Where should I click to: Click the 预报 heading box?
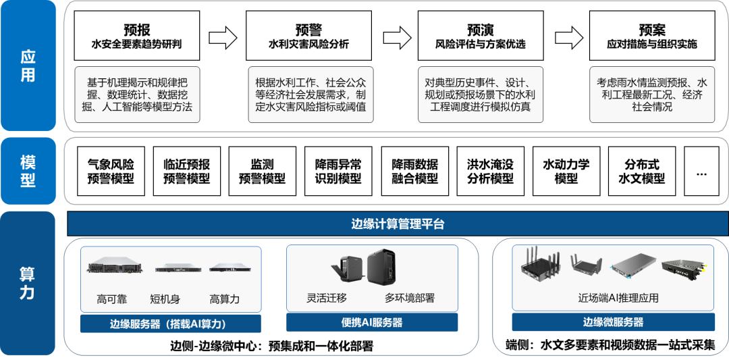click(137, 36)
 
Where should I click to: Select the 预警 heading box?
click(308, 36)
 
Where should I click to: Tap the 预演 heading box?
click(480, 36)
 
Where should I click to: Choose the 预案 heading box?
click(651, 36)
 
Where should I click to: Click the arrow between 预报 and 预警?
click(223, 37)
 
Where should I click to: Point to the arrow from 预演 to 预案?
click(566, 37)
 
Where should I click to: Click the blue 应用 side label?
click(28, 66)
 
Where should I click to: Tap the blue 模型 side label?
click(28, 171)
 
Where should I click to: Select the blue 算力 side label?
click(28, 284)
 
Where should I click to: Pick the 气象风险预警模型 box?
click(111, 171)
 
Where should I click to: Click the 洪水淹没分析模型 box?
click(490, 171)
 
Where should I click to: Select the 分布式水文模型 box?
click(641, 171)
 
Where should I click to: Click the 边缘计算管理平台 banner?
click(398, 224)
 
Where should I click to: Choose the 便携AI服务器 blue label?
click(372, 322)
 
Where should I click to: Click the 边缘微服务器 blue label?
click(614, 322)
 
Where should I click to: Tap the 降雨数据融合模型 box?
click(414, 171)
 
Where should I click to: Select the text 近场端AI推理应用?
click(614, 297)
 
